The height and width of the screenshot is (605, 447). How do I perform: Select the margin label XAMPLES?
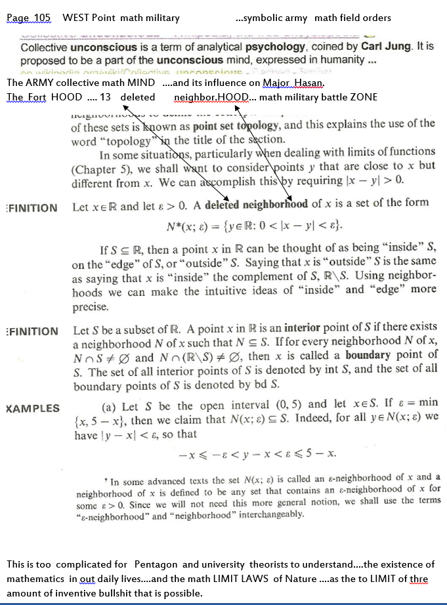tap(32, 408)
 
